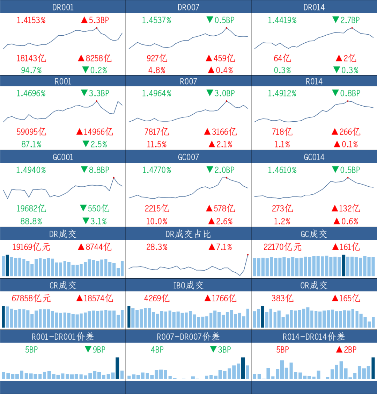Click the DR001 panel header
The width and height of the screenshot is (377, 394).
tap(63, 7)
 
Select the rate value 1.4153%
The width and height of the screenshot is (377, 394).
tap(31, 20)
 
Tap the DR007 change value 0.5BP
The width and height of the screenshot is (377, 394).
tap(224, 20)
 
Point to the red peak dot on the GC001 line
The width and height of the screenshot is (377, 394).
tap(114, 178)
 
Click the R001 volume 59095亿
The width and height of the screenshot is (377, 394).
tap(31, 132)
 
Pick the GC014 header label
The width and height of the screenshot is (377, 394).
tap(314, 157)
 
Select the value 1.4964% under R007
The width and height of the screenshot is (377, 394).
tap(157, 93)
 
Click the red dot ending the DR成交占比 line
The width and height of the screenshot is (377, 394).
tap(248, 255)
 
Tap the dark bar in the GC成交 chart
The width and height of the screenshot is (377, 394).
tap(343, 266)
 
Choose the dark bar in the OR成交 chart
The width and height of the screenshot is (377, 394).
tap(263, 317)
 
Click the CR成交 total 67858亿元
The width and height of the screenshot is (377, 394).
tap(31, 298)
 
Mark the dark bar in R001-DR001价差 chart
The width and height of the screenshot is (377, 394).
tap(117, 368)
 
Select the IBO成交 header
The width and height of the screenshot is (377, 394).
tap(188, 285)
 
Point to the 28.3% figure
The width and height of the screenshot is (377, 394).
tap(157, 247)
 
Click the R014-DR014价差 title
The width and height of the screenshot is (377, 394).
tap(314, 336)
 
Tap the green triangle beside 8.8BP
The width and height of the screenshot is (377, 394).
tap(84, 170)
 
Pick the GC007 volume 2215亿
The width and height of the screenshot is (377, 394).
tap(157, 208)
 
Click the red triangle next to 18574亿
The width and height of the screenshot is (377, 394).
tap(80, 298)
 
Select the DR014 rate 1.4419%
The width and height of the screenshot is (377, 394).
tap(282, 20)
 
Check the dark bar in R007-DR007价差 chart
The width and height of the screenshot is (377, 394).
tap(243, 368)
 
